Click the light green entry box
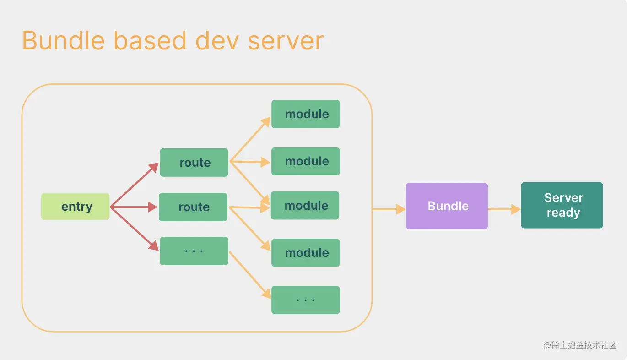(x=76, y=207)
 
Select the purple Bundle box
(x=447, y=206)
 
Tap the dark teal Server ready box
(x=562, y=205)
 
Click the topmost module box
(x=306, y=114)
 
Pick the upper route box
(x=194, y=163)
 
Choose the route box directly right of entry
(x=193, y=207)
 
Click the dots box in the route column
(x=194, y=251)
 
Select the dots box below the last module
(x=306, y=300)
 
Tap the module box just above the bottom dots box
(x=306, y=253)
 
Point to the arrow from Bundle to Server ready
(x=504, y=209)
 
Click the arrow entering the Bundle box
(x=389, y=209)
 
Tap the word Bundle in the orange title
(x=64, y=41)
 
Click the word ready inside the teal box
(x=563, y=213)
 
